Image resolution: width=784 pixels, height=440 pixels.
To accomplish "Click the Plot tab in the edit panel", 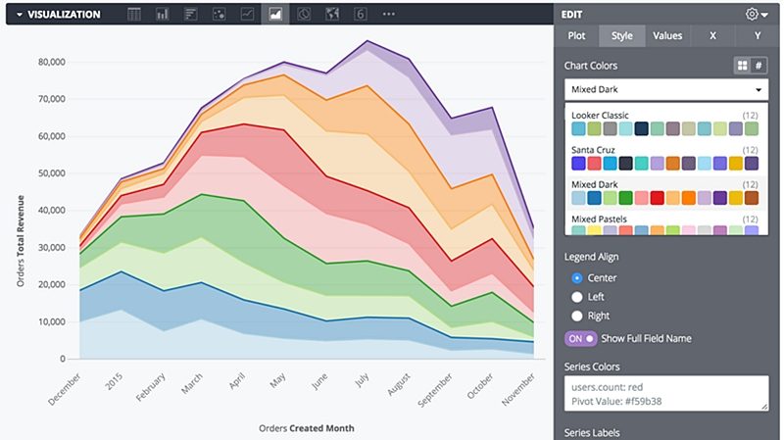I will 576,36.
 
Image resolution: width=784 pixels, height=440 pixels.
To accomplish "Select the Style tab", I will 621,36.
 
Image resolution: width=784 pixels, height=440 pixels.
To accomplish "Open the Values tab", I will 667,36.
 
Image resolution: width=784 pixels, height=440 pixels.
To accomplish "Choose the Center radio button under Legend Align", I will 577,278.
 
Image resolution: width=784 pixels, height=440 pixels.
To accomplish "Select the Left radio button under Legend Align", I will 577,297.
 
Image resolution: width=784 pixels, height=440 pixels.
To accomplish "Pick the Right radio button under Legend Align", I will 577,316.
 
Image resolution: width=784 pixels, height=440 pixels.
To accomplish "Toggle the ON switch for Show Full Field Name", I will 580,338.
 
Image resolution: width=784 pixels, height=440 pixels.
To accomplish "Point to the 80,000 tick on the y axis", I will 49,62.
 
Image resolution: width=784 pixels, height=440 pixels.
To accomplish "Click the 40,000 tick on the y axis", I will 49,211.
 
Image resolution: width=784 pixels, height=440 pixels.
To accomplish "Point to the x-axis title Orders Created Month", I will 306,428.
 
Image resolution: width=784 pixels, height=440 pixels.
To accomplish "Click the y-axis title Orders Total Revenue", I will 21,239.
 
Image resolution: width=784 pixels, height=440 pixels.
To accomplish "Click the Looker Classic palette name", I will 600,116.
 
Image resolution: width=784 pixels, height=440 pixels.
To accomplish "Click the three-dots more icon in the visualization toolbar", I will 389,15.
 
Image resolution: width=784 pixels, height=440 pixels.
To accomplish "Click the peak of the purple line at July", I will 367,41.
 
